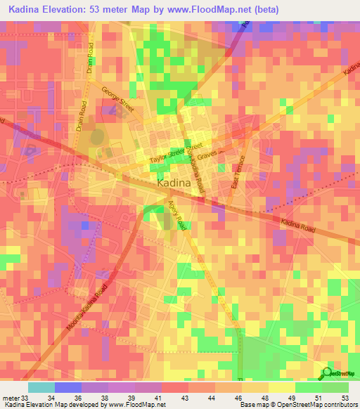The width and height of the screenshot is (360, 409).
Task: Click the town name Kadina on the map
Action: tap(173, 183)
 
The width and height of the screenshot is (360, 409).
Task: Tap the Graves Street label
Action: tap(210, 153)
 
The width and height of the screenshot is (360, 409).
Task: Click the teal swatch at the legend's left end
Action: tap(41, 387)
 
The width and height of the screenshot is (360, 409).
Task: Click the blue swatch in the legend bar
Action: tap(67, 387)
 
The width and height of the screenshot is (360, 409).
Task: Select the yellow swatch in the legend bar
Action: tap(281, 387)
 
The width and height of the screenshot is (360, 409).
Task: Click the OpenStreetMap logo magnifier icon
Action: tap(326, 372)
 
